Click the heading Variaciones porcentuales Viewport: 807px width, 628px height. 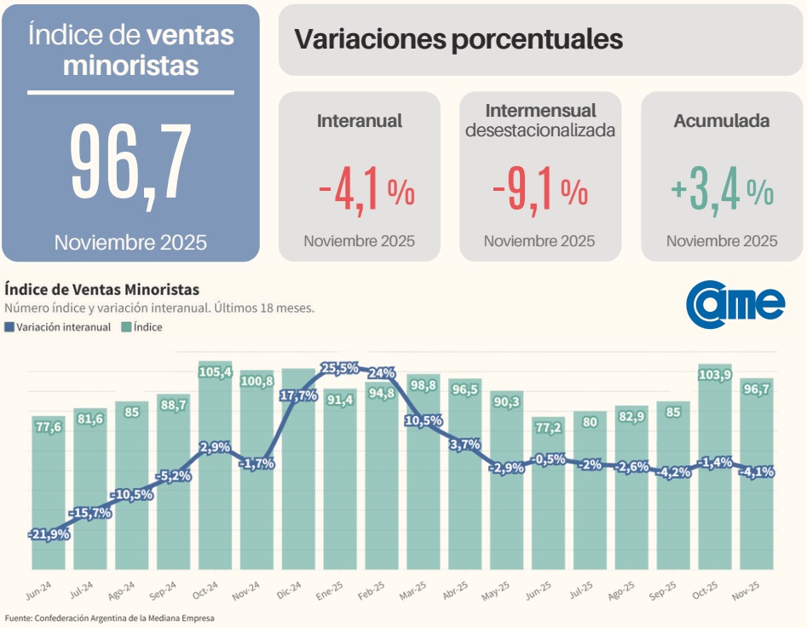coord(458,39)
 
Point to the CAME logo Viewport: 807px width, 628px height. coord(735,302)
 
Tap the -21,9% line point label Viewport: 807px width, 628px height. coord(49,534)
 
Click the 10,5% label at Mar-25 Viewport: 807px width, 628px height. coord(423,420)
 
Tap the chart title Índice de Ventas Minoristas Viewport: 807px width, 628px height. coord(101,290)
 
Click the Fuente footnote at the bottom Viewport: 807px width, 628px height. coord(110,618)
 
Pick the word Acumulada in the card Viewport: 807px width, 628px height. coord(721,121)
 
